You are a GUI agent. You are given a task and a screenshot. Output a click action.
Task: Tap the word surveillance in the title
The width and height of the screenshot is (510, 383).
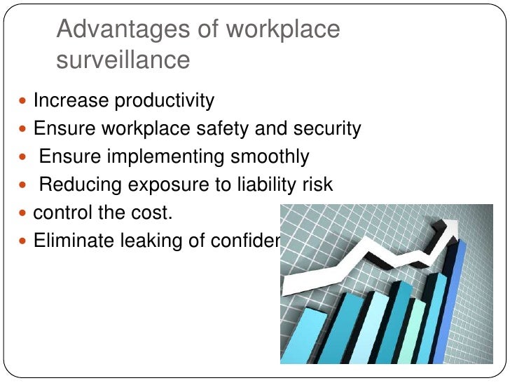[123, 60]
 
